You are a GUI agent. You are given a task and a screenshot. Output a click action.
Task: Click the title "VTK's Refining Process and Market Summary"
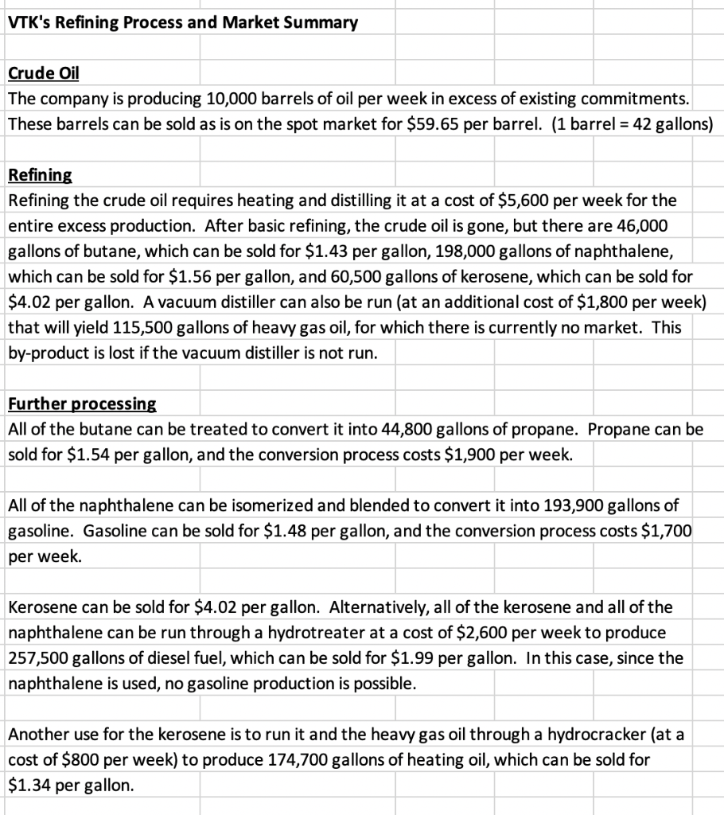coord(183,22)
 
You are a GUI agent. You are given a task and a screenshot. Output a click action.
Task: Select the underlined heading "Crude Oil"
coord(43,74)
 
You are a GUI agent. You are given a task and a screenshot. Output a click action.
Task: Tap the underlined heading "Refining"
coord(40,174)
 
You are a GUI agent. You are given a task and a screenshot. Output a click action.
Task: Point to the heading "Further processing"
coord(82,404)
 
